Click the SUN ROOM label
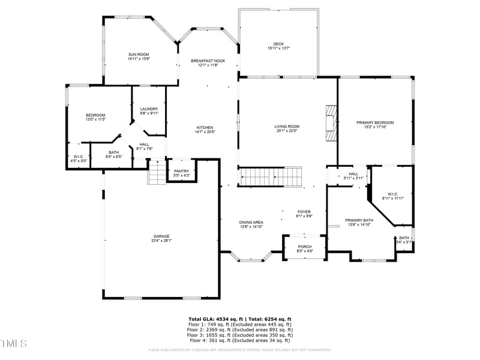pyautogui.click(x=138, y=55)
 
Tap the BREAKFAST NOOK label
pyautogui.click(x=208, y=61)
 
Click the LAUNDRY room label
pyautogui.click(x=149, y=109)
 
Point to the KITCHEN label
pyautogui.click(x=205, y=127)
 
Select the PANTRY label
pyautogui.click(x=181, y=171)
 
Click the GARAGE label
pyautogui.click(x=161, y=236)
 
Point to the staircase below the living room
pyautogui.click(x=271, y=176)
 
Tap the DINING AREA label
pyautogui.click(x=251, y=222)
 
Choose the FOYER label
pyautogui.click(x=304, y=212)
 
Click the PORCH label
pyautogui.click(x=305, y=247)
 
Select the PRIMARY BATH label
pyautogui.click(x=359, y=220)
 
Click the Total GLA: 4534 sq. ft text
pyautogui.click(x=214, y=319)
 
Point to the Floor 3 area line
pyautogui.click(x=240, y=335)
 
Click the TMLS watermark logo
pyautogui.click(x=14, y=343)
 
